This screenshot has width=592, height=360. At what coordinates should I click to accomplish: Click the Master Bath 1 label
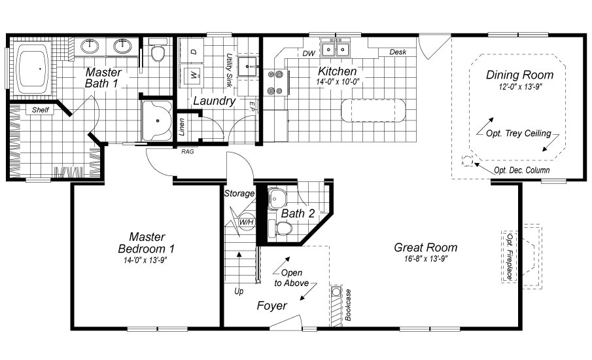(103, 77)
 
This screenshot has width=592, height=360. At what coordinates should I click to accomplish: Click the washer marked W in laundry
(194, 75)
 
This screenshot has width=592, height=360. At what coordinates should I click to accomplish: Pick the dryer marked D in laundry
(193, 50)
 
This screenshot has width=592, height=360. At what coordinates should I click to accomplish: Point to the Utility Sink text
(230, 70)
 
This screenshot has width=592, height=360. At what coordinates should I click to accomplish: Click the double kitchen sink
(342, 48)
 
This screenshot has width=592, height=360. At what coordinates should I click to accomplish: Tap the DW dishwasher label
(308, 53)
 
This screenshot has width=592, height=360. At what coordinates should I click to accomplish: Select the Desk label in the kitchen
(398, 52)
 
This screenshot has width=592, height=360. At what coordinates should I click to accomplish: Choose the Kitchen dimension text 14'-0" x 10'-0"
(338, 82)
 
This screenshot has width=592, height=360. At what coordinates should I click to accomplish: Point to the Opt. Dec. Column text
(521, 170)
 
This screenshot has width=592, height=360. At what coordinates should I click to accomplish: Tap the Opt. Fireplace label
(510, 256)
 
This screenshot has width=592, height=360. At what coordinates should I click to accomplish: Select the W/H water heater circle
(247, 222)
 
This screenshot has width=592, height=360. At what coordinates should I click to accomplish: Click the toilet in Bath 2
(283, 228)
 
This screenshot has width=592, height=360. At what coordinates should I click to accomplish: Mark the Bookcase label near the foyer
(349, 304)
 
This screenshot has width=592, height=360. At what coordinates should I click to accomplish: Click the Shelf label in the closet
(41, 110)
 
